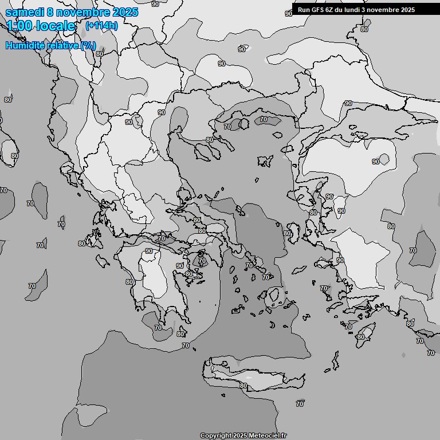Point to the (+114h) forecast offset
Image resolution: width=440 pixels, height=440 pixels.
tap(101, 26)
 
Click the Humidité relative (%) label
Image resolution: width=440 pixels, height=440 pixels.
tap(50, 45)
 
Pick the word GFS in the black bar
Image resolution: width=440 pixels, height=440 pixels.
tap(319, 10)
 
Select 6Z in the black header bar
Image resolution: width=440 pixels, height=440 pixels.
tap(332, 10)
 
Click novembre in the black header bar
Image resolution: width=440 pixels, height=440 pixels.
tap(387, 10)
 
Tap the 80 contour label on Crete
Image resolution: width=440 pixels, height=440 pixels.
tap(243, 386)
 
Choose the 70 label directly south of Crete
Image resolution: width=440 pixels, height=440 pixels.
tap(300, 404)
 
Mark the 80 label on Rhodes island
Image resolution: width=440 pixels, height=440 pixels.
tap(360, 337)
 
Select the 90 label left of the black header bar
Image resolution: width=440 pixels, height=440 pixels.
tap(288, 14)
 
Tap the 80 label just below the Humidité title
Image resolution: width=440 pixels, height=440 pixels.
tap(100, 54)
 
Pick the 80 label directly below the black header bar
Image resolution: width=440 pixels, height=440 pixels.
tap(364, 29)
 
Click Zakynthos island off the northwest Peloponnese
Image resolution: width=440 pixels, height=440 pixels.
tap(104, 261)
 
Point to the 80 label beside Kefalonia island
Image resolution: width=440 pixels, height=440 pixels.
tap(82, 243)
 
